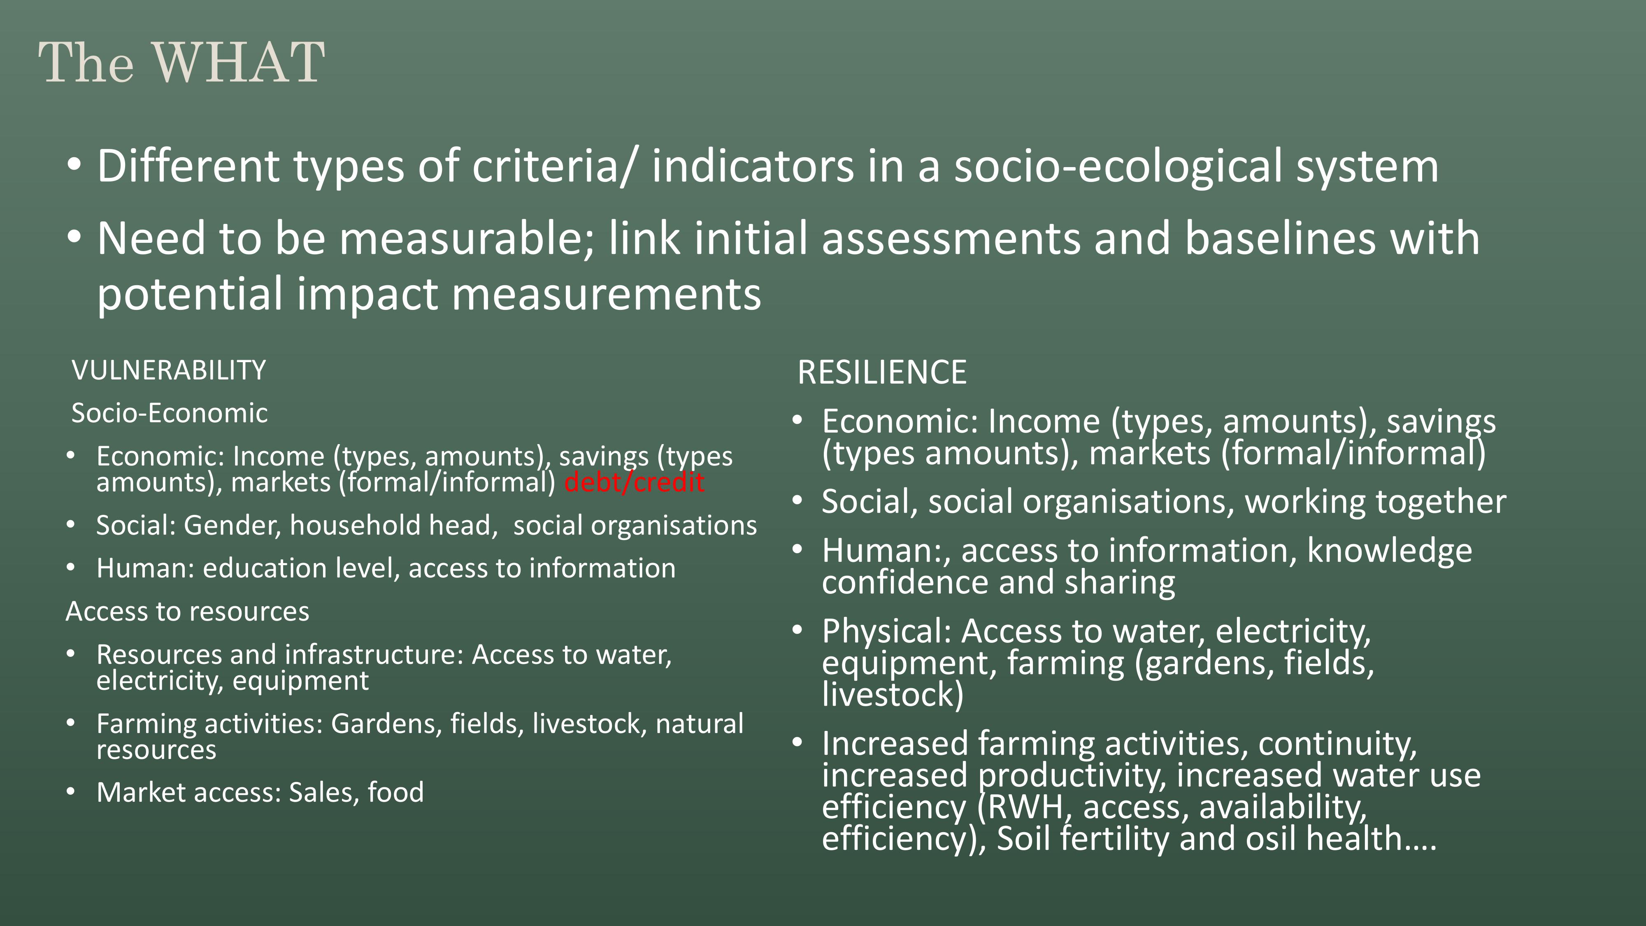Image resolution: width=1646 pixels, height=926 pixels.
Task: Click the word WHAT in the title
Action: coord(238,62)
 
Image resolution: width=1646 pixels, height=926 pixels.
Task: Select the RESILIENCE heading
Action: coord(882,372)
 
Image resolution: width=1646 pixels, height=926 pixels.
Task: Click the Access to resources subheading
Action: coord(187,612)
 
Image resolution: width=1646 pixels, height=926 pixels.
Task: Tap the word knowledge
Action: coord(1389,551)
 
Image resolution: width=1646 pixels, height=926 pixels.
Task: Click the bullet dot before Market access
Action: coord(70,792)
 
